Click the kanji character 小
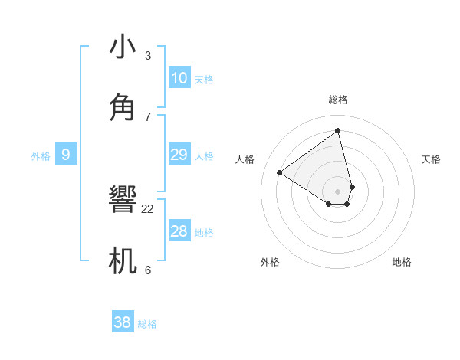tap(123, 47)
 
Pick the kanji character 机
tap(123, 260)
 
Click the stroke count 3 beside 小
tap(148, 56)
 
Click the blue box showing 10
tap(179, 78)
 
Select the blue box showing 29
tap(179, 155)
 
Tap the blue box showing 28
tap(179, 231)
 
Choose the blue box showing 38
tap(123, 322)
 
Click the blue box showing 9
tap(66, 155)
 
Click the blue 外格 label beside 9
tap(41, 156)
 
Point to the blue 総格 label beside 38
tap(147, 324)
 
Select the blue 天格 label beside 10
tap(204, 80)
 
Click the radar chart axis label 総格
tap(338, 100)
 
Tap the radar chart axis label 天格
tap(432, 159)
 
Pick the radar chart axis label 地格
tap(402, 262)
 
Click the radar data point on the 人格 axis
tap(280, 172)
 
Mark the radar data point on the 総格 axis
tap(338, 130)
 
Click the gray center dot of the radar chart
tap(338, 191)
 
